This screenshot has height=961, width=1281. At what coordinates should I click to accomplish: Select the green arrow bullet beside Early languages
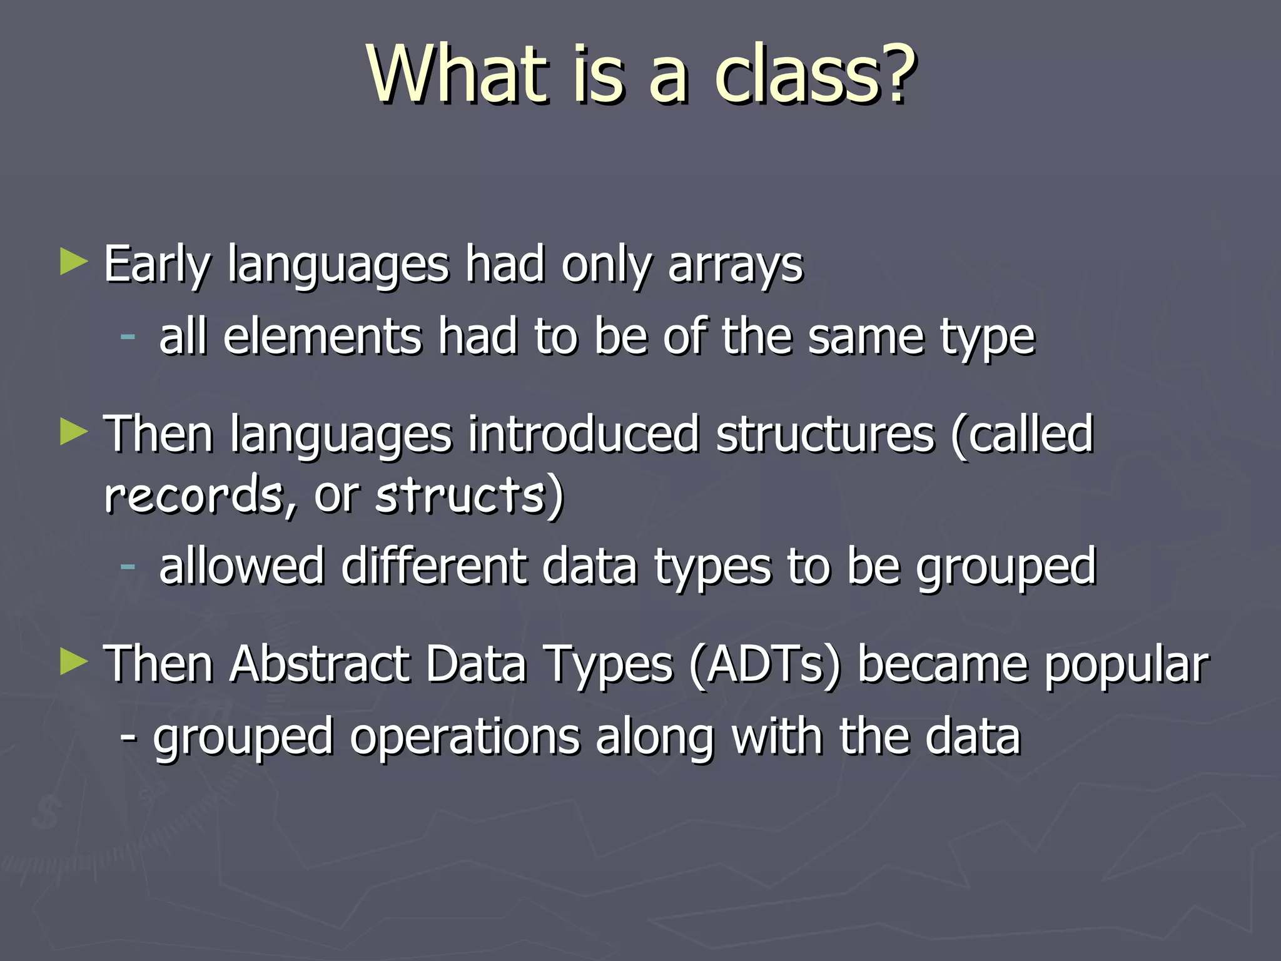[x=74, y=262]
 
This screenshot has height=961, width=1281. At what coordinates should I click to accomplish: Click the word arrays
[x=735, y=265]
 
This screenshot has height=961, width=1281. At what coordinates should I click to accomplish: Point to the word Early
[x=157, y=265]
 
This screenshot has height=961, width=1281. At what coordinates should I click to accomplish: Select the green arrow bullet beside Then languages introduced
[x=74, y=433]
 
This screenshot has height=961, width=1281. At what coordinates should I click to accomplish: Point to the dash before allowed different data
[x=128, y=566]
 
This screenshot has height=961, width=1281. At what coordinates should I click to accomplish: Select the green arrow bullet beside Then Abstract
[x=74, y=662]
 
